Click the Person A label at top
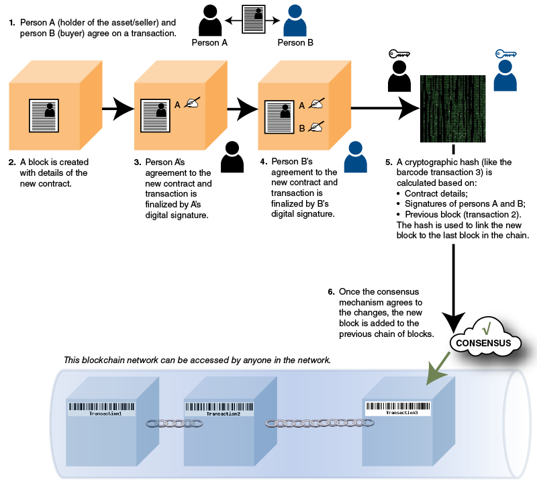(x=210, y=42)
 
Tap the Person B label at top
(x=295, y=42)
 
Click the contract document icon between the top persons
(x=253, y=20)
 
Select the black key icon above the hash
(x=400, y=54)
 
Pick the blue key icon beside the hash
(x=505, y=53)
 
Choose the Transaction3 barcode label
(x=401, y=408)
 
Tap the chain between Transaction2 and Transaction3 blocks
(x=319, y=424)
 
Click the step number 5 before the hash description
(x=389, y=162)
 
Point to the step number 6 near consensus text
(x=331, y=292)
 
